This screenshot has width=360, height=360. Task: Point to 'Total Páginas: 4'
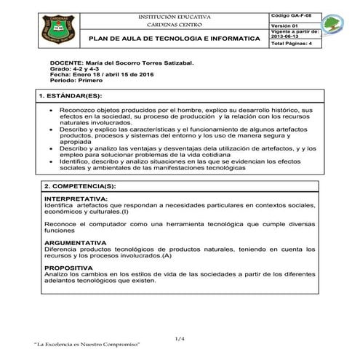coord(290,45)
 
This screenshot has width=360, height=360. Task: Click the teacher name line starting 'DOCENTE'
coord(121,64)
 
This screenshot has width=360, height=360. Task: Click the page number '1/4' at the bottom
coord(180,339)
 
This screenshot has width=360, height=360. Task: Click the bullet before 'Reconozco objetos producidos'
coord(50,110)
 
